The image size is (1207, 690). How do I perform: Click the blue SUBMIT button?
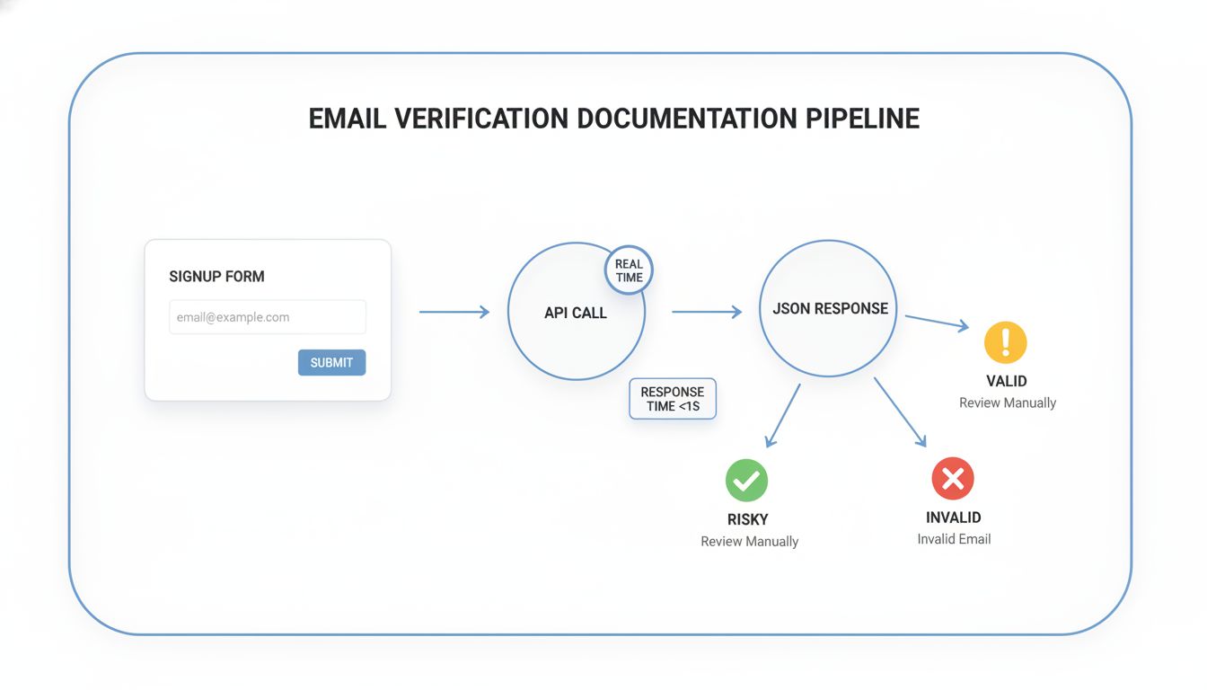331,362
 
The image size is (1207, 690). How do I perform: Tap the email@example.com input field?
267,317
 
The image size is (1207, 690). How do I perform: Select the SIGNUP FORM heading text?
216,277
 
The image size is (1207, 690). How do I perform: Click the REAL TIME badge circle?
629,270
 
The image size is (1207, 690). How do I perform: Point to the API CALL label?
576,313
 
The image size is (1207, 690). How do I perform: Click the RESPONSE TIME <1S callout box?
673,399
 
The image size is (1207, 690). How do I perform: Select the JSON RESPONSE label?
830,308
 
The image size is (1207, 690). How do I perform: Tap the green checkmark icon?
747,480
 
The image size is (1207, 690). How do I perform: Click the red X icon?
953,478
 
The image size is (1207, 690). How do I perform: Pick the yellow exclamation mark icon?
1005,342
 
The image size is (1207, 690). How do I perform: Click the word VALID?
1006,381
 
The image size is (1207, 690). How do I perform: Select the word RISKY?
747,519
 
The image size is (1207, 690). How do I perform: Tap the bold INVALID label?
953,517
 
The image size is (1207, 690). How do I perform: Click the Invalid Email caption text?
954,539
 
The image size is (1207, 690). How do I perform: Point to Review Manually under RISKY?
749,541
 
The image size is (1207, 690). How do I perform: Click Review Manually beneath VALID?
1007,402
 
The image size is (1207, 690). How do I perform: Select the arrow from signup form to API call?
454,312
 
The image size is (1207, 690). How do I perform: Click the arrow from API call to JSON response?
707,312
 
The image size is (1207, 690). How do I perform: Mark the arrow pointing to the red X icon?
899,411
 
